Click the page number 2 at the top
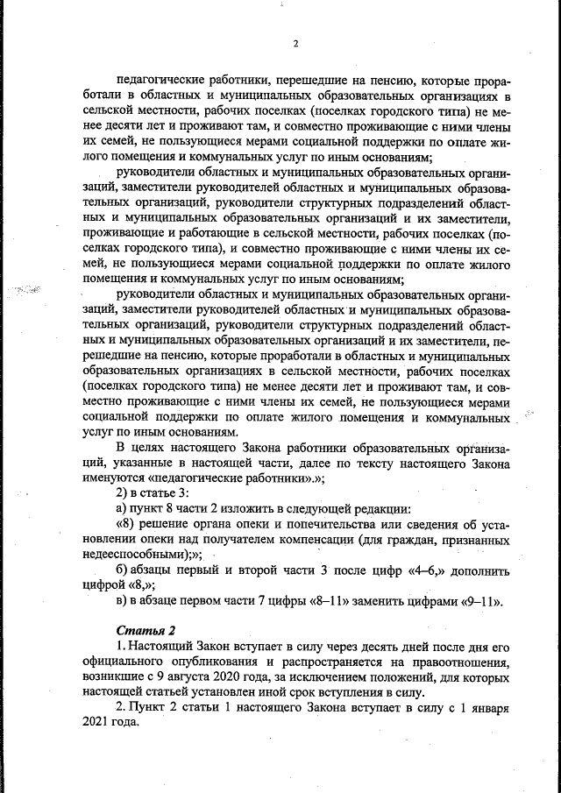pos(295,44)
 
